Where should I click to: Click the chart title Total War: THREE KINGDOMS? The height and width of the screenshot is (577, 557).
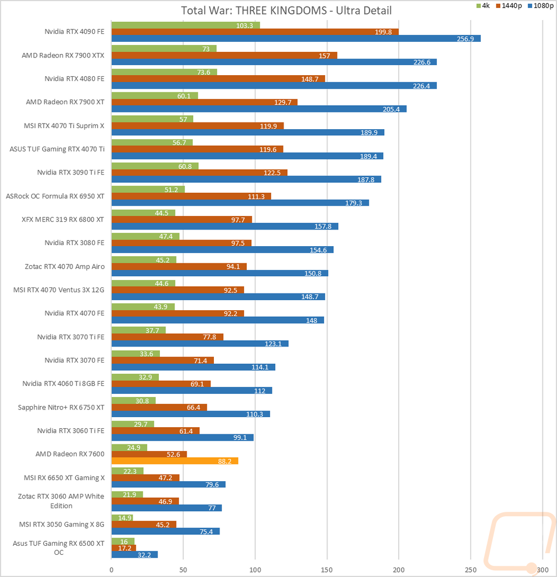tap(286, 11)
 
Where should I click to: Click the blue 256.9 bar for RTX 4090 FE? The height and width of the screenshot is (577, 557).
tap(296, 38)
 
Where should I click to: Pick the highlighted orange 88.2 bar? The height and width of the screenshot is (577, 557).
tap(175, 461)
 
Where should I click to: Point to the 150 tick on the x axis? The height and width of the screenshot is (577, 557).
tap(327, 569)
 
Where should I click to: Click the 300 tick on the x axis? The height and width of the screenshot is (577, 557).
tap(542, 569)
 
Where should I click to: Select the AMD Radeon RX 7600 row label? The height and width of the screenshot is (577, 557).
tap(70, 453)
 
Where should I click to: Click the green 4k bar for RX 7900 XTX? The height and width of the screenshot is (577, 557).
tap(164, 48)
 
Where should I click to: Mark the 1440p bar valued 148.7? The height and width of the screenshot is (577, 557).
tap(218, 79)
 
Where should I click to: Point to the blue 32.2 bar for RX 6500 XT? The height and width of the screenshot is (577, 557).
tap(135, 554)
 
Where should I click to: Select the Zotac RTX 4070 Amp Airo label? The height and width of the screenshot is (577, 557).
tap(65, 266)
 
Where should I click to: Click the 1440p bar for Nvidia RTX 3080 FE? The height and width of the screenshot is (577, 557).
tap(182, 243)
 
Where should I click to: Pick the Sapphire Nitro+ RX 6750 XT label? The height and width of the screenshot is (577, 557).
tap(61, 407)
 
